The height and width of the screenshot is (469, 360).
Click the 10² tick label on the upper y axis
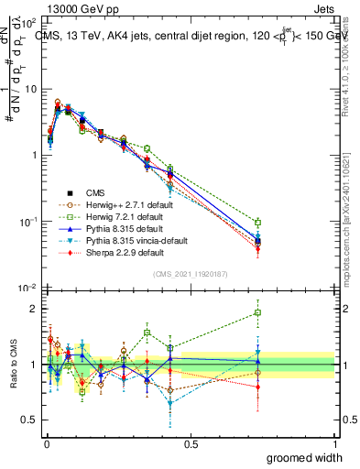pyautogui.click(x=29, y=21)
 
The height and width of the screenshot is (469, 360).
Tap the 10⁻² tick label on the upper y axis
pyautogui.click(x=29, y=289)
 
